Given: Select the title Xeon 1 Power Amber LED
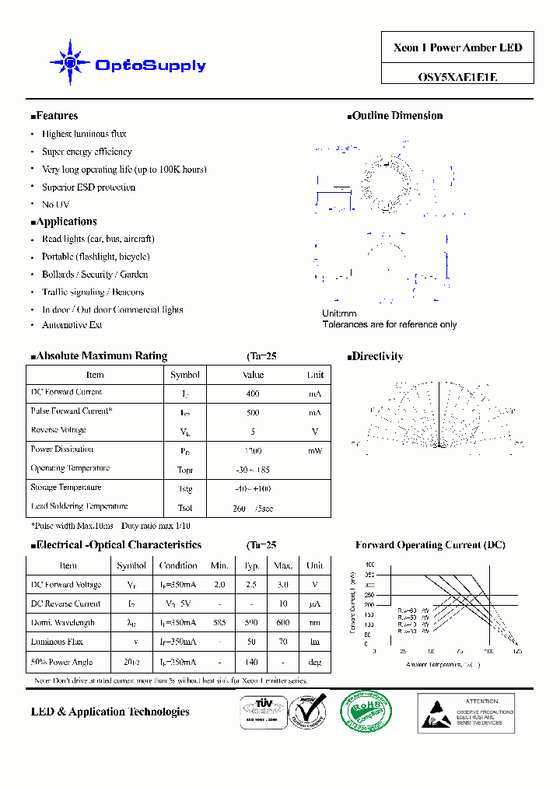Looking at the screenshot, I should pos(457,47).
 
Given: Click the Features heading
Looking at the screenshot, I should pos(55,116).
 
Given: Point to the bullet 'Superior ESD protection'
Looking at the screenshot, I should pos(89,187).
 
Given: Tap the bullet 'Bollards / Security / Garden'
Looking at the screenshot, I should pos(95,275).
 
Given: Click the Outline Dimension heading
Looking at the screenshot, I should pos(396,116).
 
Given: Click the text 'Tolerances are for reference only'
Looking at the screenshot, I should pos(390,325).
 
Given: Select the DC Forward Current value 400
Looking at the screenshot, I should pos(253,394).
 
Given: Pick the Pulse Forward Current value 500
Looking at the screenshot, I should pos(253,413).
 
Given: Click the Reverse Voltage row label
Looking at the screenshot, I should pos(58,430).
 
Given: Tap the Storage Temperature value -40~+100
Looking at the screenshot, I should pos(253,488).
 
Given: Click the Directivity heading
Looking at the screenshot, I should pos(376,357).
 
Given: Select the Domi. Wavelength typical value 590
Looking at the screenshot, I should pos(252,623).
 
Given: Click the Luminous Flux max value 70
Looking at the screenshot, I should pos(283,642).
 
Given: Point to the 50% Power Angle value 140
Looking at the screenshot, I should pos(252,663).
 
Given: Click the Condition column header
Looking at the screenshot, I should pos(178,566).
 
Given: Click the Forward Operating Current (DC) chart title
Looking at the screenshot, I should pos(430,545).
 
